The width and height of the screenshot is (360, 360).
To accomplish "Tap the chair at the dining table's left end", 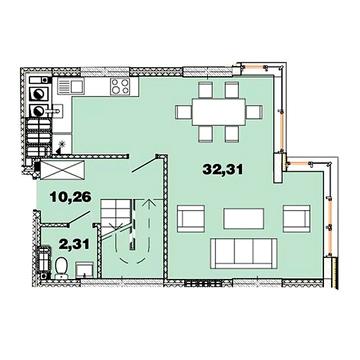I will [184, 109].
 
